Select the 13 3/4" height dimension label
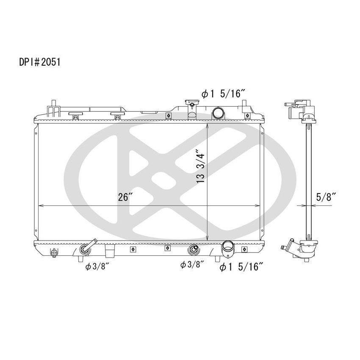(200, 166)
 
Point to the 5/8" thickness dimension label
(327, 197)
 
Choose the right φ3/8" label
(192, 265)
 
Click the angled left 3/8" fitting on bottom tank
(87, 249)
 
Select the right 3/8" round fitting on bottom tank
(194, 249)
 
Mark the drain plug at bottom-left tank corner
(53, 253)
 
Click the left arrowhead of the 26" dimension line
(41, 206)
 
